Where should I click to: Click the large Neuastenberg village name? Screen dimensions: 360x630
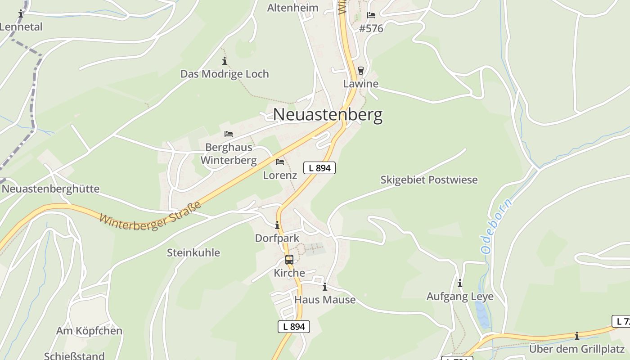pyautogui.click(x=328, y=115)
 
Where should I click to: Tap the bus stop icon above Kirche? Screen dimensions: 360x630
pyautogui.click(x=289, y=260)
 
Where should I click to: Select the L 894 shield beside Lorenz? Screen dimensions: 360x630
pyautogui.click(x=319, y=168)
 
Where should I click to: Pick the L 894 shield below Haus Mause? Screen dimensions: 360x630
pyautogui.click(x=293, y=327)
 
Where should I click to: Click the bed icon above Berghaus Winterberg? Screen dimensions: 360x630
pyautogui.click(x=229, y=134)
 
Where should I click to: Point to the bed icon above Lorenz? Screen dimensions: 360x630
pyautogui.click(x=280, y=162)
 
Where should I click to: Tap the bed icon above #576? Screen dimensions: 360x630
pyautogui.click(x=371, y=15)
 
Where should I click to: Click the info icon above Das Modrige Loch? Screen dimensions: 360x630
pyautogui.click(x=225, y=61)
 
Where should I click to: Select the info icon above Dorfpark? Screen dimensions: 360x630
pyautogui.click(x=277, y=225)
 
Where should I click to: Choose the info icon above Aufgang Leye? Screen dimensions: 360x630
pyautogui.click(x=460, y=283)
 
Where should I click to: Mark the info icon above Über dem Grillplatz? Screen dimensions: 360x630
pyautogui.click(x=577, y=336)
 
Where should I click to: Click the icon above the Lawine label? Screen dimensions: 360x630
pyautogui.click(x=360, y=71)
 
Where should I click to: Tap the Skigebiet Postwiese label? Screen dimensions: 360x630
pyautogui.click(x=429, y=180)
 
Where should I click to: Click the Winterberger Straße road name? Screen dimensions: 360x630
pyautogui.click(x=150, y=216)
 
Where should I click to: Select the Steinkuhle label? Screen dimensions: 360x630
pyautogui.click(x=193, y=253)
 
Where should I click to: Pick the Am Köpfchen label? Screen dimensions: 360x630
pyautogui.click(x=89, y=331)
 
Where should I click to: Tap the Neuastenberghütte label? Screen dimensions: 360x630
pyautogui.click(x=50, y=189)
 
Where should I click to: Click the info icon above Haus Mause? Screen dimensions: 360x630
pyautogui.click(x=325, y=287)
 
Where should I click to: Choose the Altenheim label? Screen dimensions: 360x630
pyautogui.click(x=292, y=8)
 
